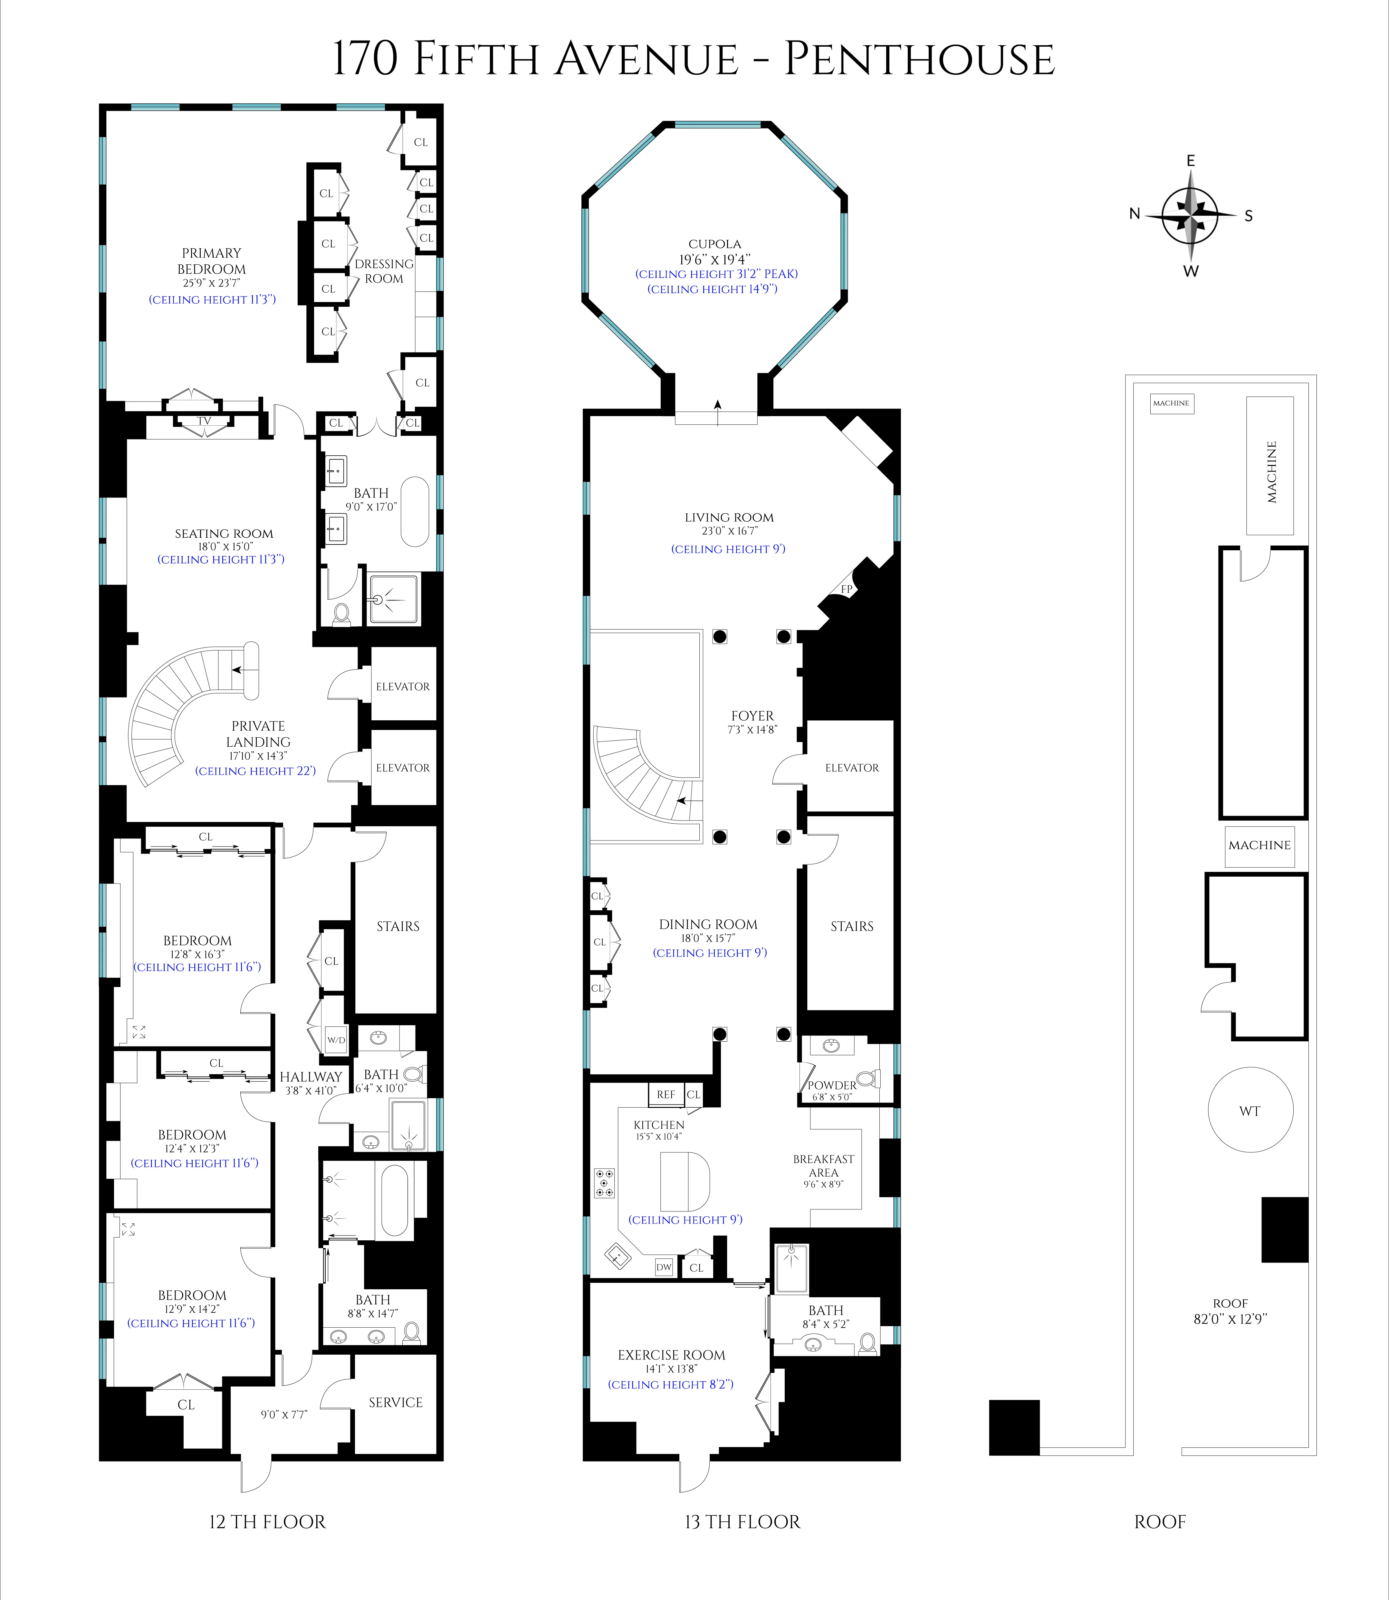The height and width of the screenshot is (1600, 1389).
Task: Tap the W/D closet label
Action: point(336,1040)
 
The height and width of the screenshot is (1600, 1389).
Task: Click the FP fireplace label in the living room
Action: point(847,589)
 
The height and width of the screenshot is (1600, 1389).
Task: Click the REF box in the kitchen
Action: point(666,1095)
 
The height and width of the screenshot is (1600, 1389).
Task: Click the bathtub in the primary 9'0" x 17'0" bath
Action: point(415,512)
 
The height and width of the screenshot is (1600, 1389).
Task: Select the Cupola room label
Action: point(715,244)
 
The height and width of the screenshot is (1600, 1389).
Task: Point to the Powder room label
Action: point(832,1085)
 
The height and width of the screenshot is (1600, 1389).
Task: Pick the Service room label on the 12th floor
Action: point(395,1402)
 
